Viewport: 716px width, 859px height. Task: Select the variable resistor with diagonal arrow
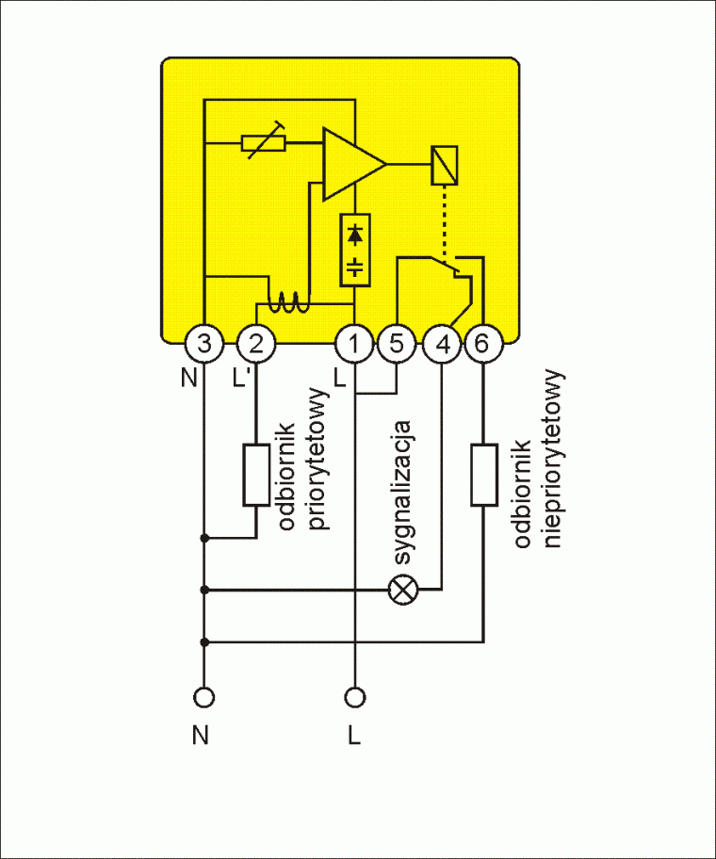click(x=264, y=143)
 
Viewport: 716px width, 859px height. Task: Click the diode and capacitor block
click(x=354, y=249)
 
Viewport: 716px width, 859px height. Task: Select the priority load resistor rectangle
click(x=256, y=475)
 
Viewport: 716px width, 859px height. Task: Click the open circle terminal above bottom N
click(x=204, y=698)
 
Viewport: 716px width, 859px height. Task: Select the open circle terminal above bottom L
click(x=355, y=698)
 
